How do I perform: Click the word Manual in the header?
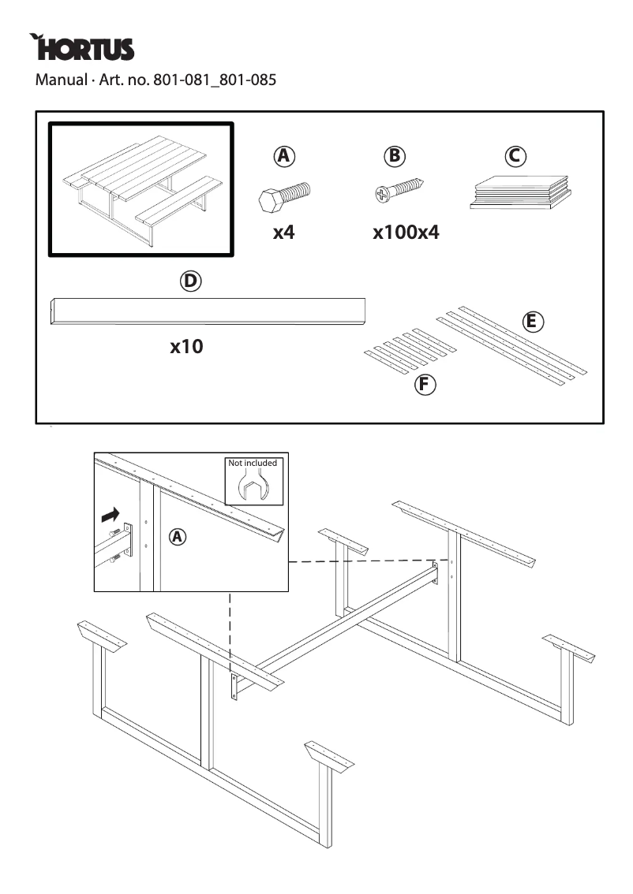pyautogui.click(x=58, y=80)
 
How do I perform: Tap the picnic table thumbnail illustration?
pyautogui.click(x=141, y=189)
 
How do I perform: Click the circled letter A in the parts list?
pyautogui.click(x=284, y=156)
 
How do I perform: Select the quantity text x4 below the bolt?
pyautogui.click(x=283, y=233)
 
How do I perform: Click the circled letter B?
pyautogui.click(x=394, y=156)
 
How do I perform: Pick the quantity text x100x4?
pyautogui.click(x=406, y=233)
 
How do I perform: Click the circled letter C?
pyautogui.click(x=515, y=156)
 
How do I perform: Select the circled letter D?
pyautogui.click(x=190, y=281)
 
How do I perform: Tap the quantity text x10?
pyautogui.click(x=186, y=346)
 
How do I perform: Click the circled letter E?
pyautogui.click(x=533, y=321)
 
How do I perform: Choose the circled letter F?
pyautogui.click(x=425, y=385)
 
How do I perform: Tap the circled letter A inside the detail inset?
pyautogui.click(x=178, y=537)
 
